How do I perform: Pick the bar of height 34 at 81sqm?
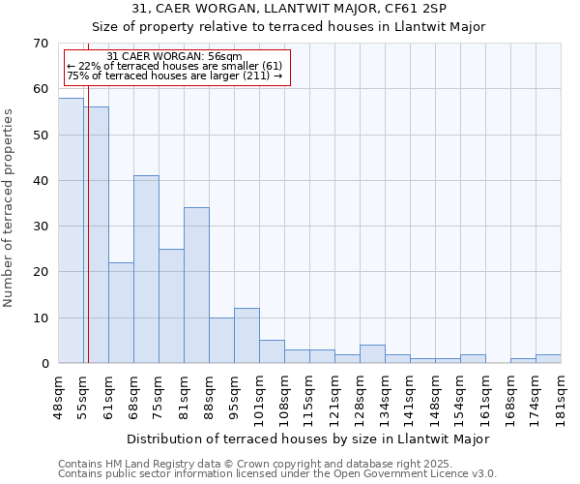(x=196, y=286)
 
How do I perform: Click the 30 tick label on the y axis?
(x=40, y=227)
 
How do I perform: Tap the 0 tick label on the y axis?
(x=43, y=364)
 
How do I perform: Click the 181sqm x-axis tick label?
(x=561, y=396)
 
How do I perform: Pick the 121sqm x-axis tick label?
(x=334, y=396)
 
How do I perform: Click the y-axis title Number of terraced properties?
(x=10, y=208)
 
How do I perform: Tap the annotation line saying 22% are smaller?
(x=174, y=66)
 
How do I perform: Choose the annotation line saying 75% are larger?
(x=174, y=76)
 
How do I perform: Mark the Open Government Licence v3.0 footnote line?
(x=277, y=474)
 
